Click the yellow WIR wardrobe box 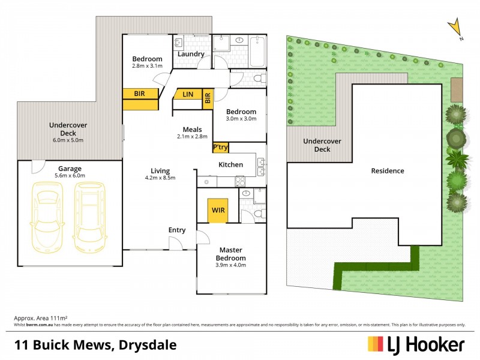coord(218,211)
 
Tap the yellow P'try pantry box coord(220,147)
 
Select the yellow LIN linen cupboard coord(188,94)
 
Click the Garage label coord(70,169)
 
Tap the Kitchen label coord(230,164)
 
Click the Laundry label coord(190,54)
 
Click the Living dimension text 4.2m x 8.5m coord(160,178)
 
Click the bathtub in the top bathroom coord(257,52)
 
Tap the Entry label coord(177,230)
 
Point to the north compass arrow coord(456,28)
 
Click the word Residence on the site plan coord(387,170)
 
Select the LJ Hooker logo coord(416,344)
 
